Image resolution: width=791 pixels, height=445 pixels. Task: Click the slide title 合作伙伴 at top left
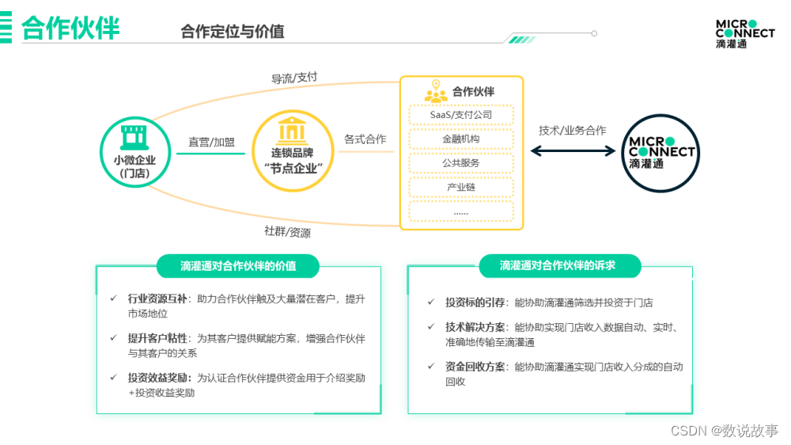(x=70, y=29)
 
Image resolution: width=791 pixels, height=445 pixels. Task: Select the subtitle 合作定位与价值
(x=232, y=32)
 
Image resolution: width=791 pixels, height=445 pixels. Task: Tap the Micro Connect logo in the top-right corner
(x=744, y=34)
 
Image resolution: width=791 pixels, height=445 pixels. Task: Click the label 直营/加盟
(x=211, y=142)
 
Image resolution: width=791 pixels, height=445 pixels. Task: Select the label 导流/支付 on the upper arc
(x=294, y=78)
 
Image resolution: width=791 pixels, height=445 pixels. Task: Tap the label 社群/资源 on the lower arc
(x=287, y=232)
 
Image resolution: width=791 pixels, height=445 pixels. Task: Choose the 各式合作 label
(x=365, y=139)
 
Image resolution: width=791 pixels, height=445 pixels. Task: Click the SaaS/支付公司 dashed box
(x=461, y=115)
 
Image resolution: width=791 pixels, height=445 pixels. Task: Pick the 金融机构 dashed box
(x=461, y=139)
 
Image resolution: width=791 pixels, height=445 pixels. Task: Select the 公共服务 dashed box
(x=461, y=163)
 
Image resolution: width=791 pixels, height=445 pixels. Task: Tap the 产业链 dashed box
(x=461, y=187)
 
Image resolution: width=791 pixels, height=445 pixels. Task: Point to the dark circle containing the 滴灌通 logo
(x=661, y=153)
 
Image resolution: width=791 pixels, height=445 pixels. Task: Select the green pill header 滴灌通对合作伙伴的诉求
(x=558, y=266)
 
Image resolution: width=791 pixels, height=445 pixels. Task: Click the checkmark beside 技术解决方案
(x=431, y=326)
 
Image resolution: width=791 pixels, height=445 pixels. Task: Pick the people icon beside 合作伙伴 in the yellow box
(x=436, y=93)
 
